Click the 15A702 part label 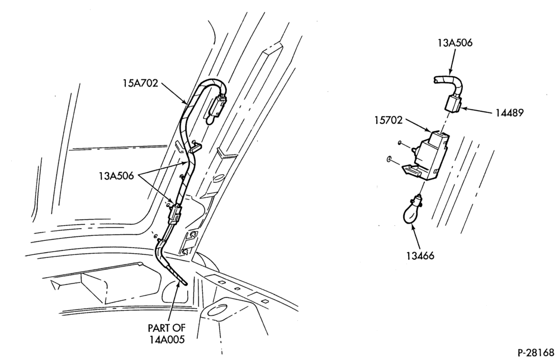(x=140, y=84)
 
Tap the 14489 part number (x=509, y=113)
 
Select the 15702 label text (x=389, y=120)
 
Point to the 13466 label (x=420, y=255)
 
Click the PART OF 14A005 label (x=167, y=333)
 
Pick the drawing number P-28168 (x=536, y=353)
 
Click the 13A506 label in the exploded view (x=455, y=43)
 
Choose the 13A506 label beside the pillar (x=116, y=176)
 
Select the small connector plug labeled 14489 (x=453, y=104)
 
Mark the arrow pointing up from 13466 (x=417, y=236)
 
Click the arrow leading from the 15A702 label (x=174, y=94)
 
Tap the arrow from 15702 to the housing (x=419, y=126)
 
